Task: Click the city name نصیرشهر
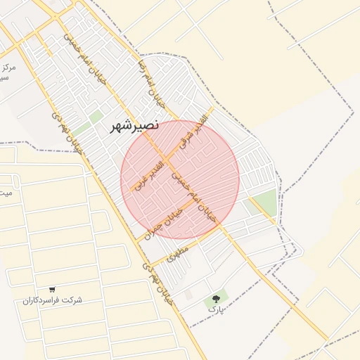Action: pos(136,127)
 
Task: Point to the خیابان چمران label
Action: pos(163,223)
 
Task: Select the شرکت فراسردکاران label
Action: pos(52,300)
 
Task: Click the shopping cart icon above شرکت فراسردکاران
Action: pos(52,289)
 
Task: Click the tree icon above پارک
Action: pos(215,300)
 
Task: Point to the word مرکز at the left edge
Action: pos(8,68)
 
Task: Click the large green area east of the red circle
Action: pos(264,203)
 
